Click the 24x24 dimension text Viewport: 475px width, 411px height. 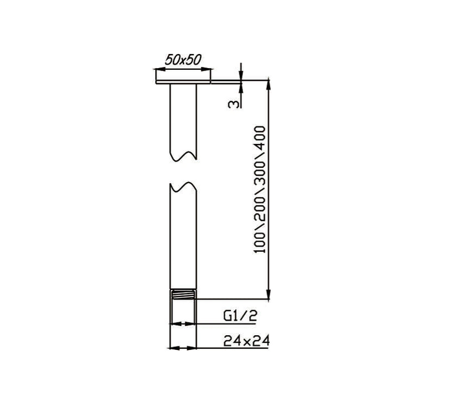point(246,341)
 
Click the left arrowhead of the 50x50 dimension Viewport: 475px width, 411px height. point(158,69)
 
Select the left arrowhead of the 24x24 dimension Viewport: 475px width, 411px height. point(172,349)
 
